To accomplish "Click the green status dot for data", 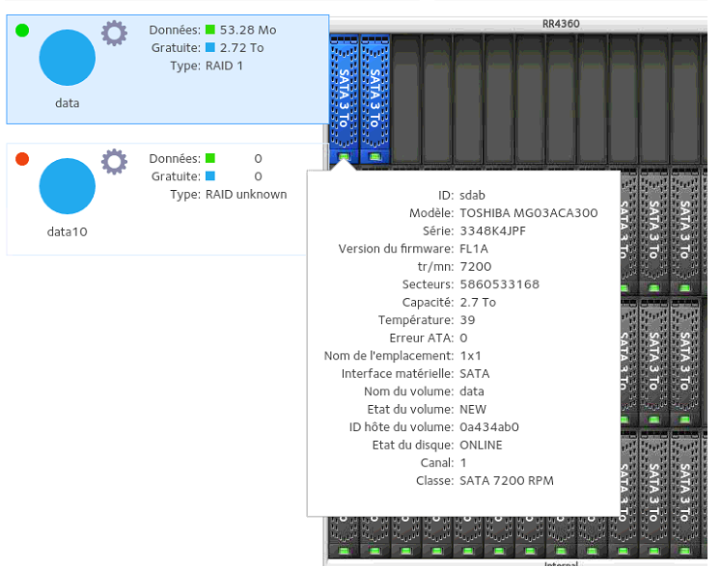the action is [x=22, y=30].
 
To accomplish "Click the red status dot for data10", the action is [x=22, y=159].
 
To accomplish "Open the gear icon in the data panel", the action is [x=114, y=33].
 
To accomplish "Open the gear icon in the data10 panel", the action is [x=114, y=162].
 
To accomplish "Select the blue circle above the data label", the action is [x=68, y=58].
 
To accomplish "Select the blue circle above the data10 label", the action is [x=68, y=186].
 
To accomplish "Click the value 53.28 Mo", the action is [x=248, y=30].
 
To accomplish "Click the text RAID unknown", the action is [x=246, y=195].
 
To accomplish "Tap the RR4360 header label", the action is [x=561, y=24].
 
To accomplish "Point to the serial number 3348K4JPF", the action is [x=492, y=230].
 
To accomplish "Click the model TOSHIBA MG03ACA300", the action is [x=529, y=213].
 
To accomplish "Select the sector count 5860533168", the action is [x=499, y=284].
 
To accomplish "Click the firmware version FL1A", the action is [x=474, y=249].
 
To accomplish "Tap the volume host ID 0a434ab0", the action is [x=489, y=427].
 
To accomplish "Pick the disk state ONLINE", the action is [x=481, y=445].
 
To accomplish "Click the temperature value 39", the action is [x=467, y=320].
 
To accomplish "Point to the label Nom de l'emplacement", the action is [x=389, y=356].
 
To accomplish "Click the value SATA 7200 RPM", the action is [x=507, y=480].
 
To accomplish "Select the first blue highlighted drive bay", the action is [x=344, y=98].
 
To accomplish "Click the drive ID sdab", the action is [x=472, y=196].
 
